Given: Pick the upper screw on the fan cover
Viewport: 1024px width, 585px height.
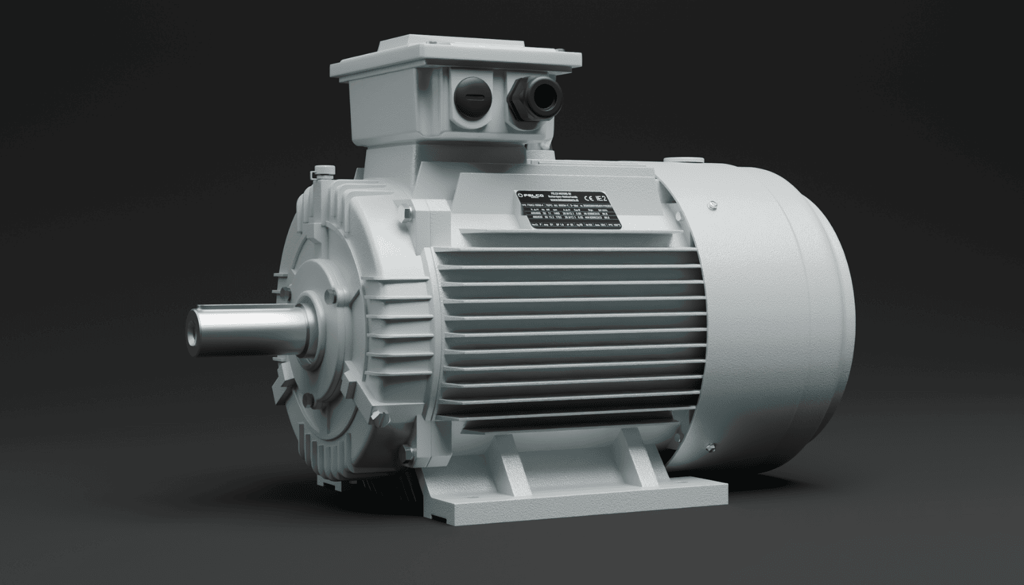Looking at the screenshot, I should (712, 203).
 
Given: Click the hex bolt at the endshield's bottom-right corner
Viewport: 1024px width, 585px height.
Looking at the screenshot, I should (408, 452).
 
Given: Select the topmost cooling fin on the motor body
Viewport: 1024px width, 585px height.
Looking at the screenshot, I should (546, 255).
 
